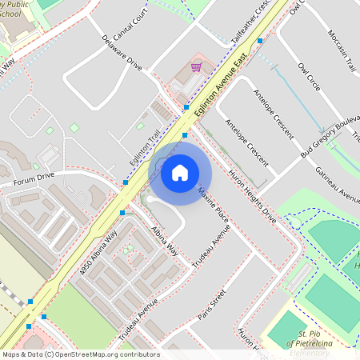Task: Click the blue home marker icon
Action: (180, 173)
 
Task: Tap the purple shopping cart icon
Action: (196, 67)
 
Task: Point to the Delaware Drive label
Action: (122, 53)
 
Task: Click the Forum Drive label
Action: (34, 179)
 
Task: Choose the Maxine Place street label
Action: (214, 203)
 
